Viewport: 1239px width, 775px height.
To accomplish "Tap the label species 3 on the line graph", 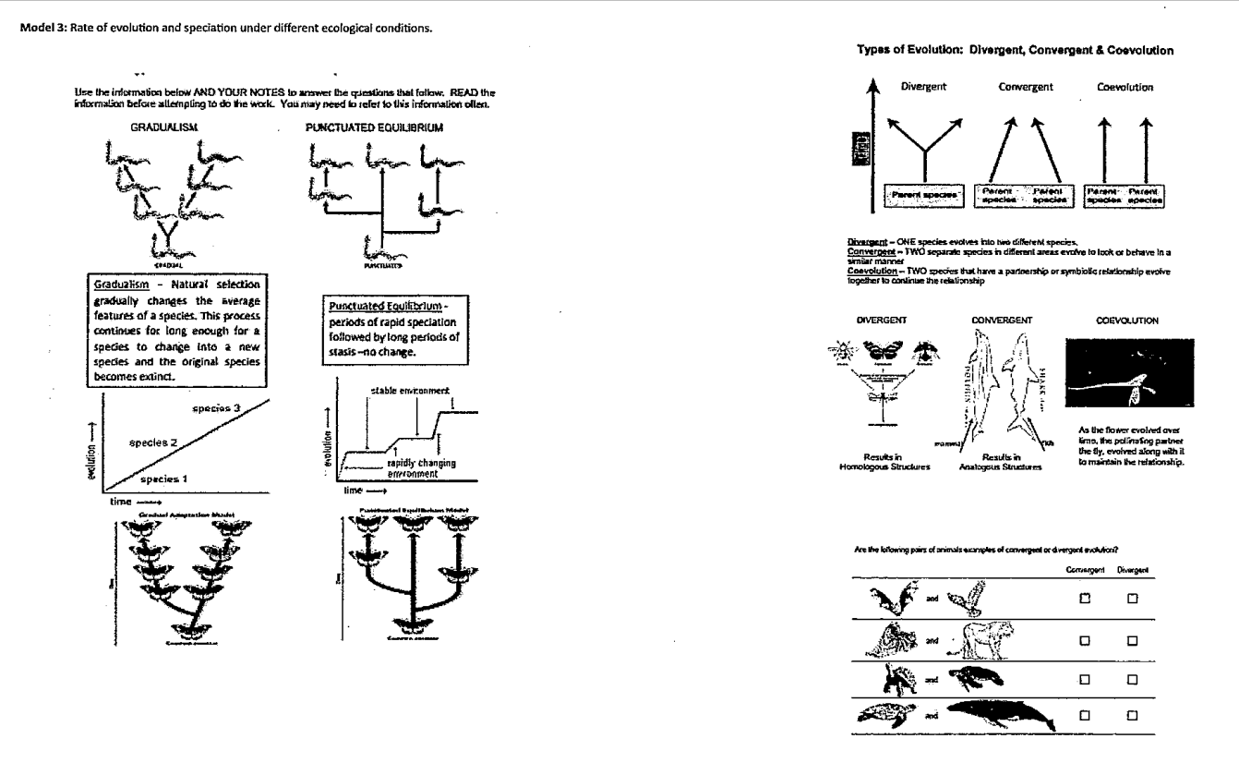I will click(217, 407).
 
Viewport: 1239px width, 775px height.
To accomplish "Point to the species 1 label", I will click(164, 479).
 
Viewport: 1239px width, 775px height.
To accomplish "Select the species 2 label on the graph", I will click(153, 442).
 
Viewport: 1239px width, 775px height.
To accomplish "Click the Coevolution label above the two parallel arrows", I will click(1123, 87).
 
